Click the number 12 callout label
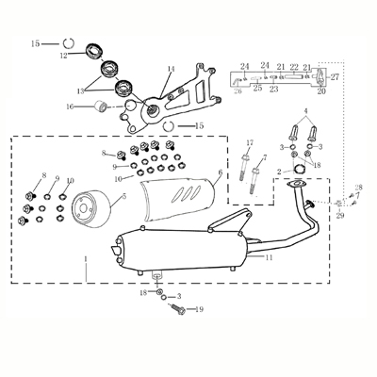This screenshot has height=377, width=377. click(64, 56)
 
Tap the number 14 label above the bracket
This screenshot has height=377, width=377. click(171, 69)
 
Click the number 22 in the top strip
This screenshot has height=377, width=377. click(294, 67)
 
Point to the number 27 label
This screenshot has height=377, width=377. click(335, 76)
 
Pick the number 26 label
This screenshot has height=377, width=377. click(238, 91)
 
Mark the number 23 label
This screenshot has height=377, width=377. click(273, 90)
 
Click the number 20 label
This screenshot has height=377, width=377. click(321, 91)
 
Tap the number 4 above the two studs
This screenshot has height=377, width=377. click(304, 109)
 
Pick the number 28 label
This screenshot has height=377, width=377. click(358, 188)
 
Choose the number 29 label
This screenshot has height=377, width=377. click(340, 216)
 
